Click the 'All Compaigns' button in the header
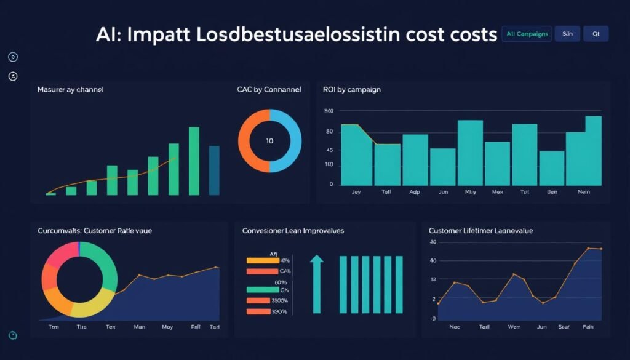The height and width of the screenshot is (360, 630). tap(527, 34)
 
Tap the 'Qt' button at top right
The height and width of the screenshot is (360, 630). tap(596, 34)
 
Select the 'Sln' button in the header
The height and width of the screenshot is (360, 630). tap(567, 34)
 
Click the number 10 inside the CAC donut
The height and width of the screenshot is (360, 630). tap(269, 141)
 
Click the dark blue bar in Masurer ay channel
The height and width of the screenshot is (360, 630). tap(214, 170)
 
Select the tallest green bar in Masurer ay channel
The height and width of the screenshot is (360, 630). tap(194, 161)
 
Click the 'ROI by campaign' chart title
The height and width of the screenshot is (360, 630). tap(351, 89)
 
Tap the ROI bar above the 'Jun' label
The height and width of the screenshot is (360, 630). tap(442, 167)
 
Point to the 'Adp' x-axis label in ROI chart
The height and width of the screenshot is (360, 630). tap(414, 192)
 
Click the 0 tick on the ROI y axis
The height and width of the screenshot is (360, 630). tap(331, 184)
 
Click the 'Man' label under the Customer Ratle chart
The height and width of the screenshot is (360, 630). tap(140, 327)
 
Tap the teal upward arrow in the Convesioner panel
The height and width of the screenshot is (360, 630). tap(316, 283)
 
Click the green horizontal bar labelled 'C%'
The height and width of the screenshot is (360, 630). tap(262, 290)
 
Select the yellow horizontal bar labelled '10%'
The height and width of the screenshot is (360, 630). tap(262, 260)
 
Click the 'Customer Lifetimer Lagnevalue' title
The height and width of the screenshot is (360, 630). tap(480, 230)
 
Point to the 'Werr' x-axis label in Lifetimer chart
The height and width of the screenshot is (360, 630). tap(513, 327)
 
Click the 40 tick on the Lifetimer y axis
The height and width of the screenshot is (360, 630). tap(433, 261)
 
